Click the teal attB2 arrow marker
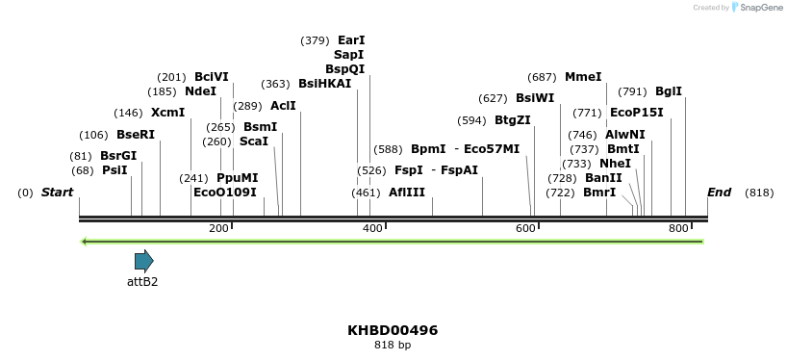[143, 261]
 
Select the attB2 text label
[142, 282]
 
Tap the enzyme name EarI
[351, 40]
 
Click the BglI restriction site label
[669, 91]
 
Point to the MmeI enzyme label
[583, 77]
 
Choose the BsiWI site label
[535, 98]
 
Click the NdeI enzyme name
[201, 91]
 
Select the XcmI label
[167, 113]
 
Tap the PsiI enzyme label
[114, 170]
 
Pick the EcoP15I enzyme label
[637, 113]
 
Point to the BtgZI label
[512, 120]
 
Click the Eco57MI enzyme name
[492, 149]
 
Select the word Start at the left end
[57, 193]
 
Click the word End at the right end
[719, 193]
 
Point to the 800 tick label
[678, 228]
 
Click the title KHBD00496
[393, 330]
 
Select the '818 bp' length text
[393, 346]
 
